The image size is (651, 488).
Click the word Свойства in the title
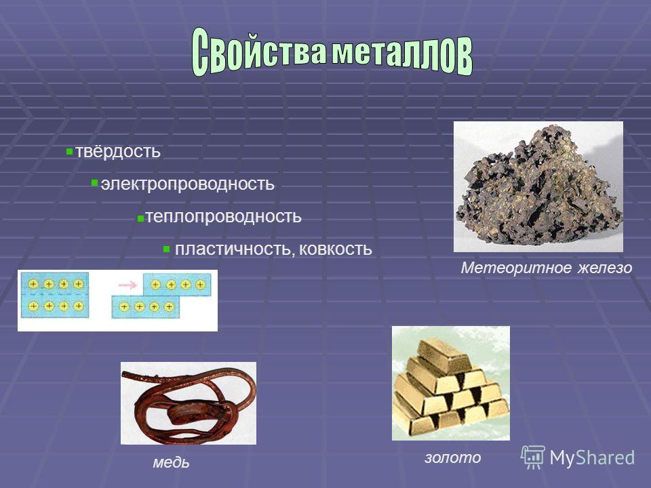[258, 51]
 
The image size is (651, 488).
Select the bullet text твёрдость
[117, 151]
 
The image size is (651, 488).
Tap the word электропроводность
[187, 184]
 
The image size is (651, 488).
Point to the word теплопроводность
[223, 216]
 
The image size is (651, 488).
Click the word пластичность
[235, 249]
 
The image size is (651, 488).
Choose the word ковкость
[336, 249]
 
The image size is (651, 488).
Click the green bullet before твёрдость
[69, 152]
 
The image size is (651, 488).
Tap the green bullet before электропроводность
[95, 182]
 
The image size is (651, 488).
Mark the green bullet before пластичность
[167, 249]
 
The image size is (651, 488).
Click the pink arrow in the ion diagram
[128, 285]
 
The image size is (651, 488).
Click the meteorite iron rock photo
[538, 187]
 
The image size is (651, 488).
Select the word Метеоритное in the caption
[517, 268]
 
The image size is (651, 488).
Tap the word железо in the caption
[605, 268]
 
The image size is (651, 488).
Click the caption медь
[171, 462]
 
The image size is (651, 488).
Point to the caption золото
[452, 457]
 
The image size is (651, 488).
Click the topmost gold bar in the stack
[445, 354]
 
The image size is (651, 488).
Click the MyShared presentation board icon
[533, 457]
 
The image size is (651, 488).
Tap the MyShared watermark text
[592, 457]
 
